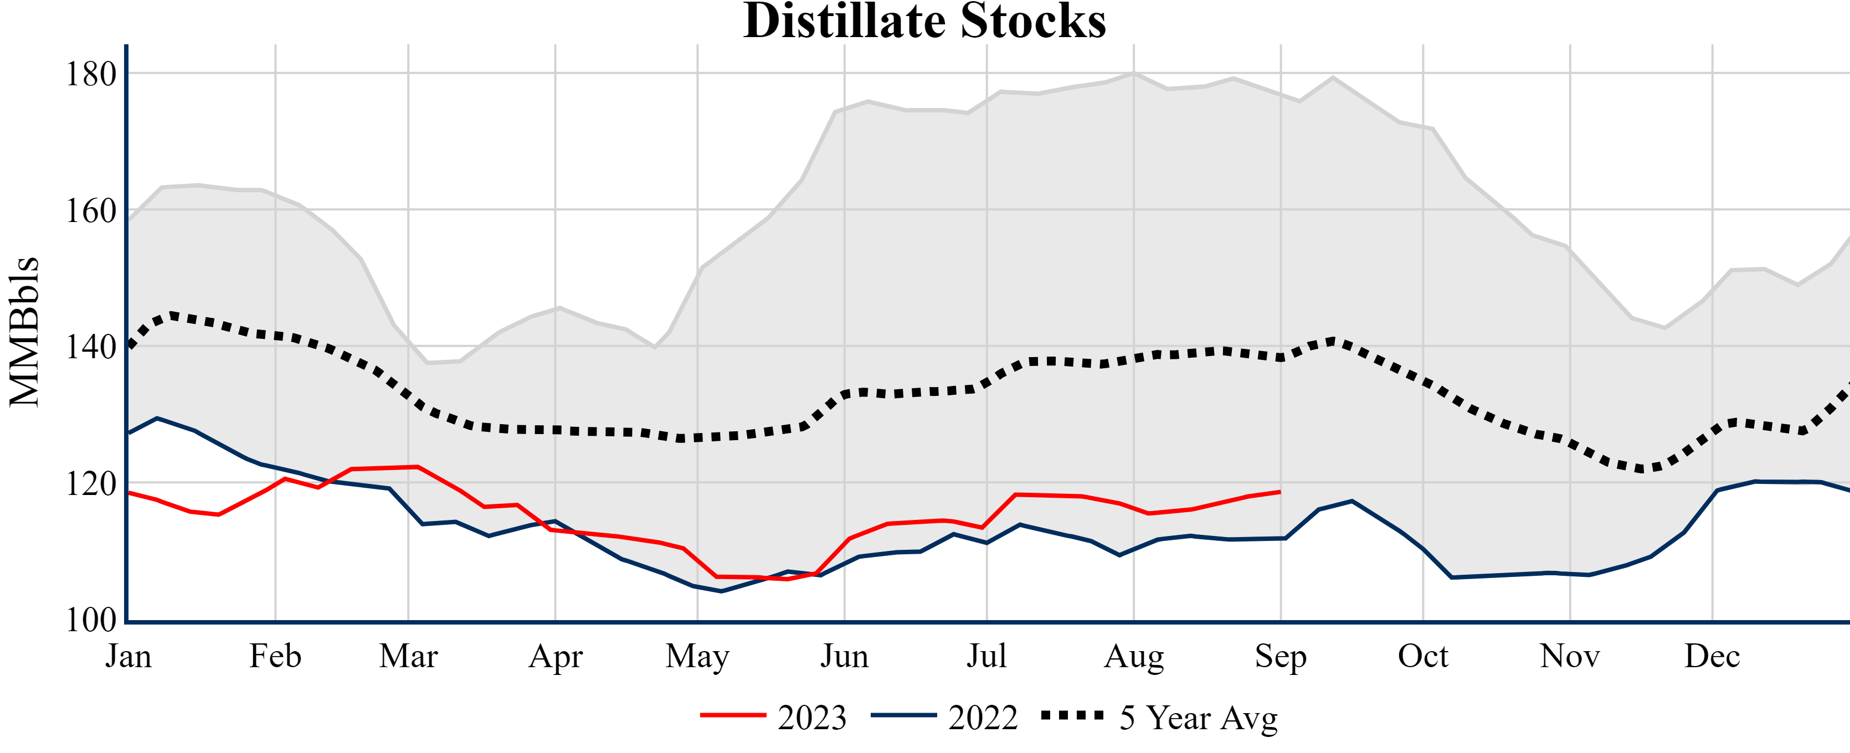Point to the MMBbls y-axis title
pyautogui.click(x=24, y=332)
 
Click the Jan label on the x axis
pyautogui.click(x=129, y=656)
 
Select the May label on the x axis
pyautogui.click(x=697, y=656)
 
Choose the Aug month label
pyautogui.click(x=1133, y=656)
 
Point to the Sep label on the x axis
pyautogui.click(x=1280, y=656)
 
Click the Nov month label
pyautogui.click(x=1569, y=656)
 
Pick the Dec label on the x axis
pyautogui.click(x=1712, y=656)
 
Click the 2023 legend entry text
pyautogui.click(x=811, y=718)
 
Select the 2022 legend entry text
pyautogui.click(x=983, y=718)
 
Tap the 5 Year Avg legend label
pyautogui.click(x=1199, y=718)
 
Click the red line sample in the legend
pyautogui.click(x=733, y=715)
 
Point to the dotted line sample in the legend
pyautogui.click(x=1072, y=715)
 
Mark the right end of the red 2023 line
pyautogui.click(x=1280, y=492)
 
